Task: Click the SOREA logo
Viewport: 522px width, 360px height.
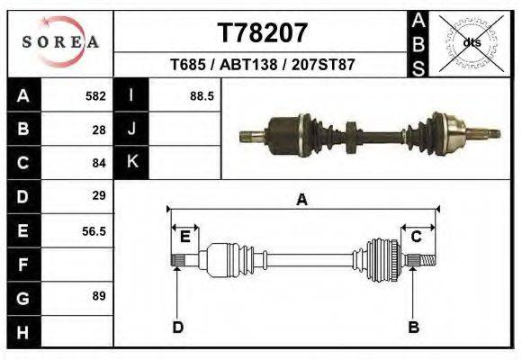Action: click(x=59, y=42)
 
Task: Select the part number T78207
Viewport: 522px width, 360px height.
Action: click(x=263, y=33)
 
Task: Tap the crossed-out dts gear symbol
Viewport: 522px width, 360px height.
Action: click(x=471, y=42)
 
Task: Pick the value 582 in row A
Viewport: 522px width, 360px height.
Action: click(x=95, y=95)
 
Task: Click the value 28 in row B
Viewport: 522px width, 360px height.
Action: click(x=99, y=130)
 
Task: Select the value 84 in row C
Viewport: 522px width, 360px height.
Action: click(x=99, y=163)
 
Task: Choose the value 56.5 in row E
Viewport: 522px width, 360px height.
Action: click(x=94, y=230)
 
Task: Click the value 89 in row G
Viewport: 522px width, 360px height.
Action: click(x=99, y=296)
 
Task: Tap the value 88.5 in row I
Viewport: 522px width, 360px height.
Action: click(x=201, y=95)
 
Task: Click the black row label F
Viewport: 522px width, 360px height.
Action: click(x=22, y=265)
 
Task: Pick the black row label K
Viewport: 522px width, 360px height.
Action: click(x=131, y=163)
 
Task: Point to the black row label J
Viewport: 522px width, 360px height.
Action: click(x=131, y=130)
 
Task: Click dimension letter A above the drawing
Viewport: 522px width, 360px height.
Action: click(x=301, y=201)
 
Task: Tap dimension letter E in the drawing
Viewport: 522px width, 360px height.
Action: click(x=184, y=237)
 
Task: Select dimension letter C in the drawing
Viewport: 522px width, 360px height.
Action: click(x=417, y=237)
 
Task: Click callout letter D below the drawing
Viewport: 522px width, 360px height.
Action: click(x=177, y=327)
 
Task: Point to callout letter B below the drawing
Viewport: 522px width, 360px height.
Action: click(x=414, y=327)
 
